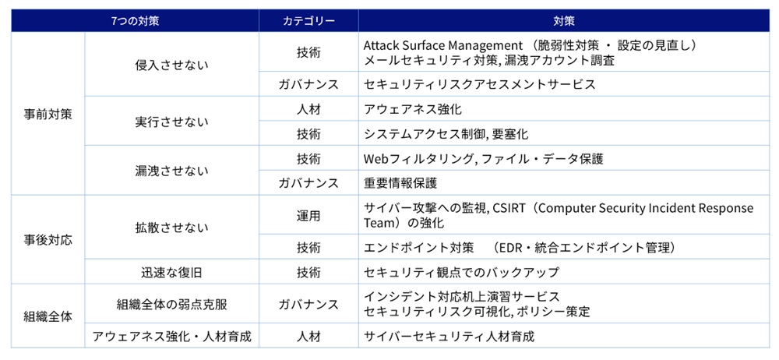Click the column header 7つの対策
(135, 21)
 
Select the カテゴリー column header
(308, 21)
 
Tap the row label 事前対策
(48, 113)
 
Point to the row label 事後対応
(48, 240)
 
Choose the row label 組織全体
(48, 316)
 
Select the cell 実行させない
(171, 122)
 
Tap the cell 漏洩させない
(171, 171)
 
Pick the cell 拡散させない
(171, 228)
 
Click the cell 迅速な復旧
(171, 273)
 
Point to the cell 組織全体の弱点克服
(171, 305)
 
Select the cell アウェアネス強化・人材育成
(171, 337)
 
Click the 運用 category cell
(308, 216)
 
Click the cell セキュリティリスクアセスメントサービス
(479, 84)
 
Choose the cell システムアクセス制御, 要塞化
(446, 134)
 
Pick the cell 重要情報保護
(400, 183)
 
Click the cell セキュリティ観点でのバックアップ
(461, 273)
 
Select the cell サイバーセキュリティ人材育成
(449, 337)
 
